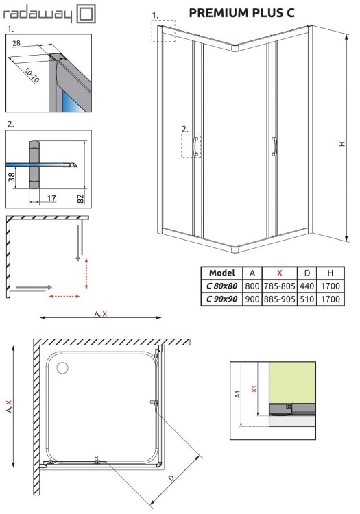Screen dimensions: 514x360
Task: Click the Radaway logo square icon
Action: (87, 13)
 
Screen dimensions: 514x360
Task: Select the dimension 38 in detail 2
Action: (12, 178)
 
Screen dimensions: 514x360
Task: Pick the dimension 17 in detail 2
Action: (52, 199)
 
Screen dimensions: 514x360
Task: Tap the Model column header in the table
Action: (221, 273)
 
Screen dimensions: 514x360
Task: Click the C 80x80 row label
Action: (221, 286)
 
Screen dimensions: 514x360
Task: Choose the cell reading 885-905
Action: (279, 299)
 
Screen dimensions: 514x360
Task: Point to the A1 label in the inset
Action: (238, 394)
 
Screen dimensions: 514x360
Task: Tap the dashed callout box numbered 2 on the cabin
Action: (191, 145)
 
